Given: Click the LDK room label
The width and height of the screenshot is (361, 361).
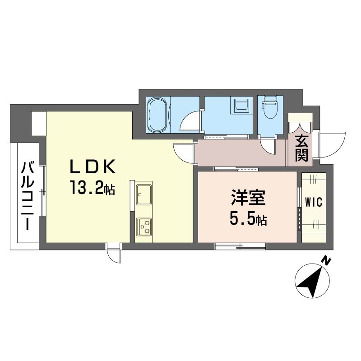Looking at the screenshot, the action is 93,167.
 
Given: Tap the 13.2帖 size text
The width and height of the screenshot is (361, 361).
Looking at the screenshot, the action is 93,187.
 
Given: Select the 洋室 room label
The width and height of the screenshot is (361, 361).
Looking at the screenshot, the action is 248,197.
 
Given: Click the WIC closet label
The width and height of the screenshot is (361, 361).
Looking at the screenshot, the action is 314,202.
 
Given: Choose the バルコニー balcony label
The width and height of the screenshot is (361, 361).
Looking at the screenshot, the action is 28,196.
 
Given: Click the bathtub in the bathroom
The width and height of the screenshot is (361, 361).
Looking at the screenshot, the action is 157,115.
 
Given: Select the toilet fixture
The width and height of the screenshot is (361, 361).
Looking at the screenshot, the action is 270,107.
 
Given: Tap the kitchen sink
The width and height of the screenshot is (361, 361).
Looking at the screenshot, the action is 143,194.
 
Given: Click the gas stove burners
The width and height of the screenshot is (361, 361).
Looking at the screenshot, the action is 143,227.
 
